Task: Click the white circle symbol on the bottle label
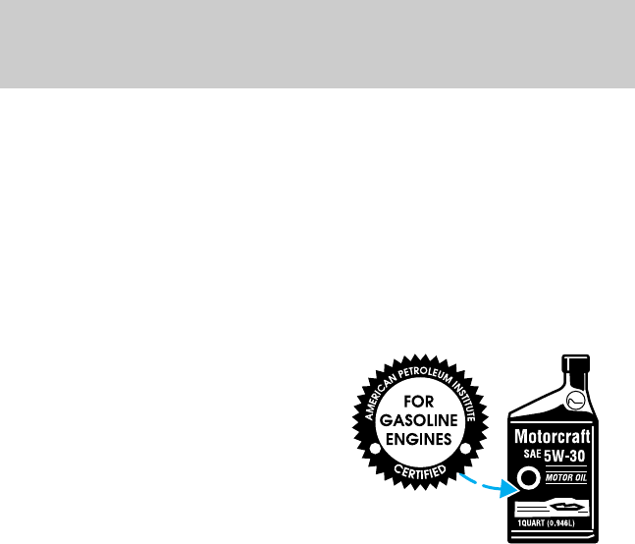(528, 480)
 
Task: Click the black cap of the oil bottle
(576, 361)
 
